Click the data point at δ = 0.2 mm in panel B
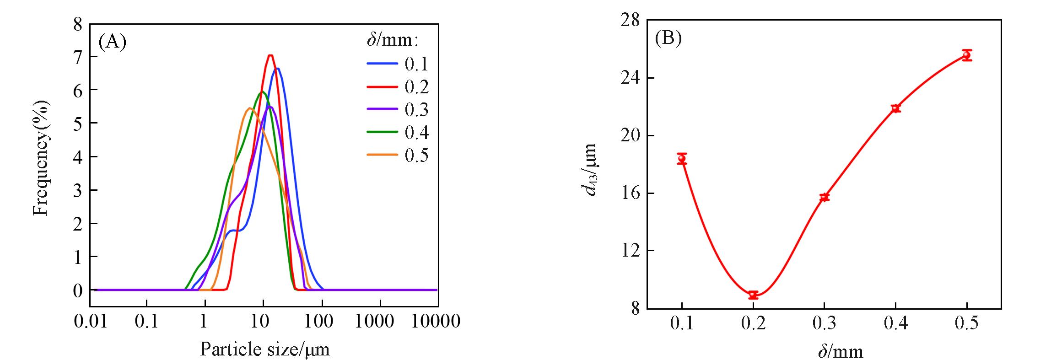(x=753, y=295)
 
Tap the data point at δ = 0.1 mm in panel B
(x=682, y=158)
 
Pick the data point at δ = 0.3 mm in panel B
(x=825, y=197)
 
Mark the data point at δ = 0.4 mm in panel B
(x=896, y=108)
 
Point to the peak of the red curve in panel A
(x=270, y=56)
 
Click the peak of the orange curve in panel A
(x=249, y=108)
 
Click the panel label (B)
(x=668, y=38)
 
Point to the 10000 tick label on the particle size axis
(x=436, y=322)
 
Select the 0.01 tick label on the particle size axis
(x=91, y=322)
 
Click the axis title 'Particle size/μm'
(x=264, y=349)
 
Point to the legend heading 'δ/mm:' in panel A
(x=393, y=41)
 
